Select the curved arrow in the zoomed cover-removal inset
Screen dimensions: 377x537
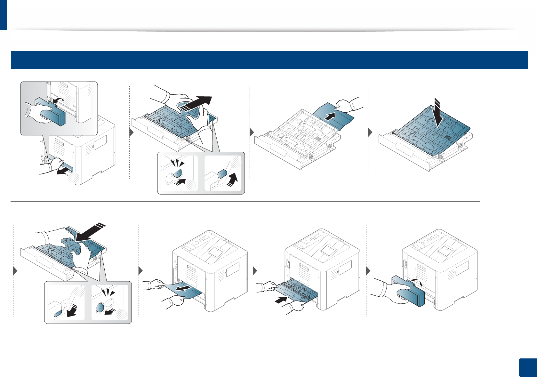click(58, 101)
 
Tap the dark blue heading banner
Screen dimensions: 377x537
click(269, 60)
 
